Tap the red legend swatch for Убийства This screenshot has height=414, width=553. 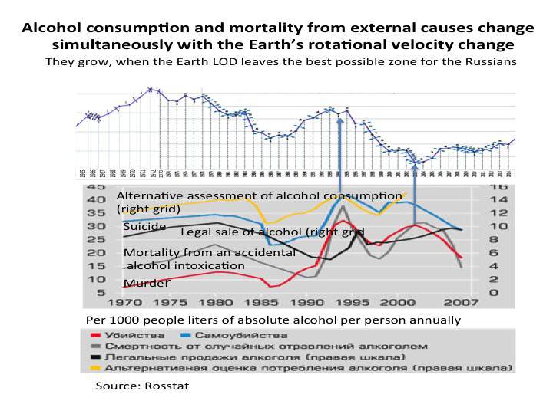click(x=96, y=335)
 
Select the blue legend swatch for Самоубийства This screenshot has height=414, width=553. click(x=184, y=335)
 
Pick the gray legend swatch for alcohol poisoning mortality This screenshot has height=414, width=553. click(x=96, y=346)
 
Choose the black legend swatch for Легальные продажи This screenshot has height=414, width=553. click(x=96, y=357)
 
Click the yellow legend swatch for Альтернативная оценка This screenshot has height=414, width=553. click(x=96, y=368)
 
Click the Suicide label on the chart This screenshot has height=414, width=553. click(x=144, y=227)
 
